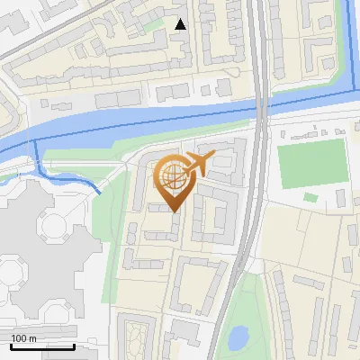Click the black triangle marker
coord(181,24)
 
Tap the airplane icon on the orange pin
coord(196,164)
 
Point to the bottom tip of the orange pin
coord(175,211)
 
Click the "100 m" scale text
coord(24,338)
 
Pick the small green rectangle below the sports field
coord(310,197)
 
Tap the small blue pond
coord(238,337)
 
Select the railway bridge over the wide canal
coord(261,109)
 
